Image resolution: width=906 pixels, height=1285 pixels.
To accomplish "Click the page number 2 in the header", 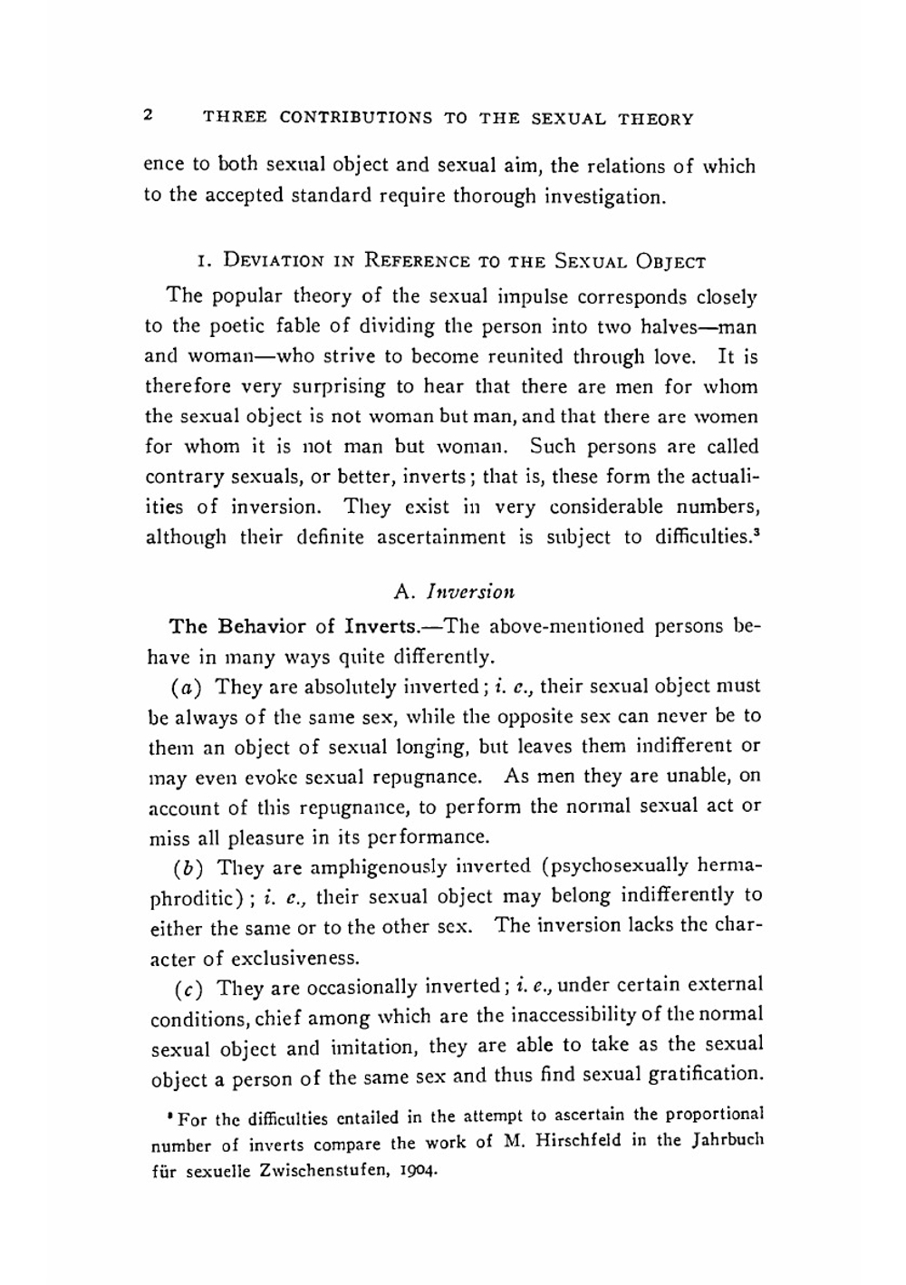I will [149, 116].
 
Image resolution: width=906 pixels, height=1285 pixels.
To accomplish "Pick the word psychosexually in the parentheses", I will [624, 865].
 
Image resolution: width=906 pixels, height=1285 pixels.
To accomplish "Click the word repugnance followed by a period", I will [428, 777].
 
